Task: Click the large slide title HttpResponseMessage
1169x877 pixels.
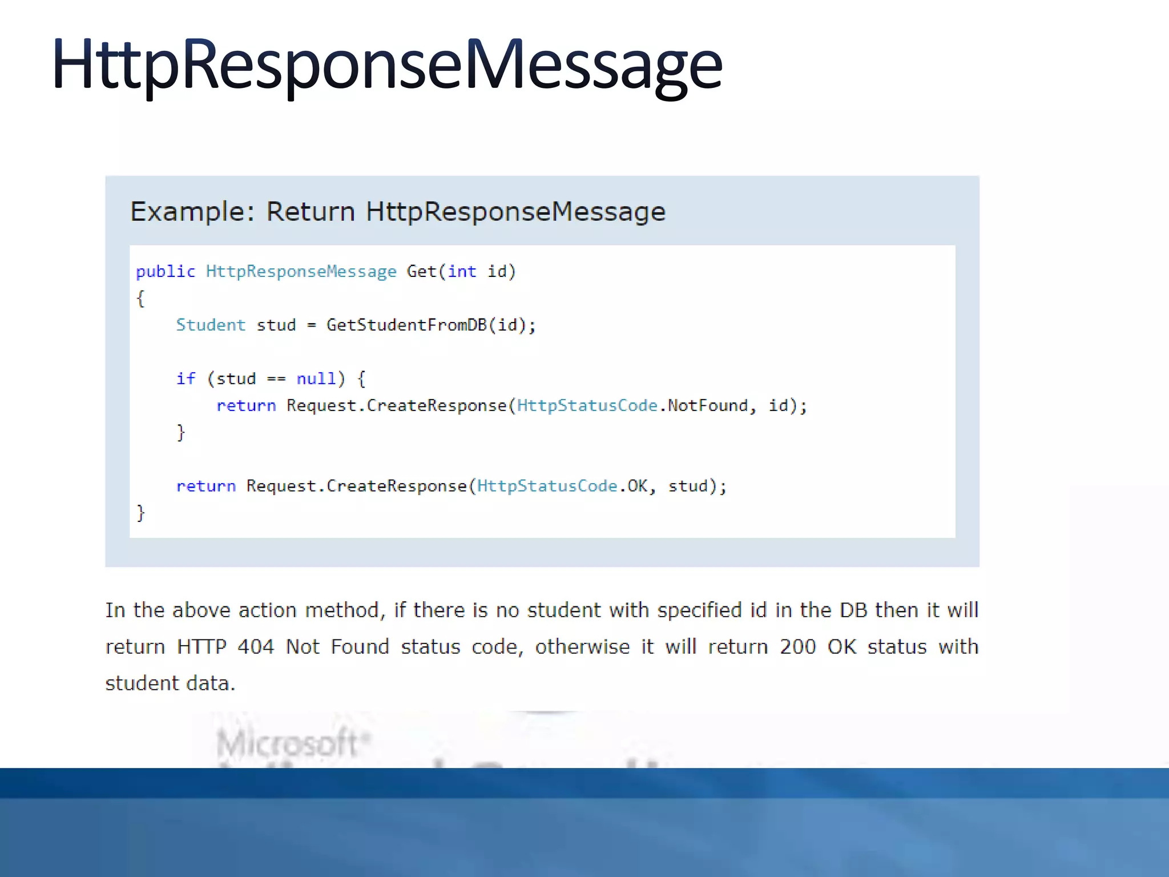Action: tap(387, 64)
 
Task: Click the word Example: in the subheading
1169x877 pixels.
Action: tap(192, 212)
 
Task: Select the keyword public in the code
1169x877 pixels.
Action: tap(166, 271)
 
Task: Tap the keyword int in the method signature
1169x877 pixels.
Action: tap(462, 271)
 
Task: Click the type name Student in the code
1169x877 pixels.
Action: tap(211, 325)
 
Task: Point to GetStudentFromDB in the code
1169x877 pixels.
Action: tap(406, 325)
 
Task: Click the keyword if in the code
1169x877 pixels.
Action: tap(186, 379)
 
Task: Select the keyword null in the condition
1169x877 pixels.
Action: tap(316, 379)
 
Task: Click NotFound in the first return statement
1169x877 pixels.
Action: tap(708, 405)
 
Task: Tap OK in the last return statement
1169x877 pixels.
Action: tap(638, 486)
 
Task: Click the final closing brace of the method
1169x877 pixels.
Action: tap(140, 513)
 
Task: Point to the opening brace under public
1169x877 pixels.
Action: tap(140, 298)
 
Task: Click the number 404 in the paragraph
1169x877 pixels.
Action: tap(256, 647)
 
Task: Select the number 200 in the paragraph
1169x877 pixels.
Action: tap(798, 647)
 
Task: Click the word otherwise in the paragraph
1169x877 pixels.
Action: tap(582, 647)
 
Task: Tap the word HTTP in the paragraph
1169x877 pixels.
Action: tap(201, 647)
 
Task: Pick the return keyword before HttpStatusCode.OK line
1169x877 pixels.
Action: tap(205, 486)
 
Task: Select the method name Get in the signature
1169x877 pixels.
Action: tap(421, 271)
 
